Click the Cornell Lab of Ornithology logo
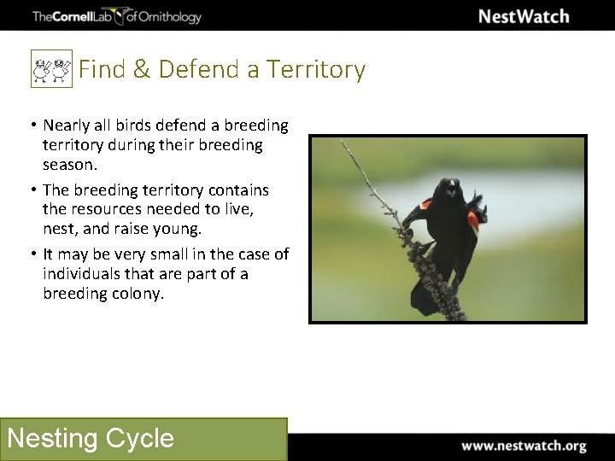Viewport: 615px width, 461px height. (116, 16)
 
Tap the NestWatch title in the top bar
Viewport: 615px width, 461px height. (523, 16)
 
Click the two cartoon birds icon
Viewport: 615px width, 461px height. (50, 69)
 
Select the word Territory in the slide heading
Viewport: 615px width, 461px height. (316, 69)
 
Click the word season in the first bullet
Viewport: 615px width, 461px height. (69, 165)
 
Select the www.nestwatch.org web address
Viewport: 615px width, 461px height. (524, 446)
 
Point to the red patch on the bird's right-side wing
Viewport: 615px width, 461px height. (472, 221)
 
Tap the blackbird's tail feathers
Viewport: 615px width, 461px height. (424, 299)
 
